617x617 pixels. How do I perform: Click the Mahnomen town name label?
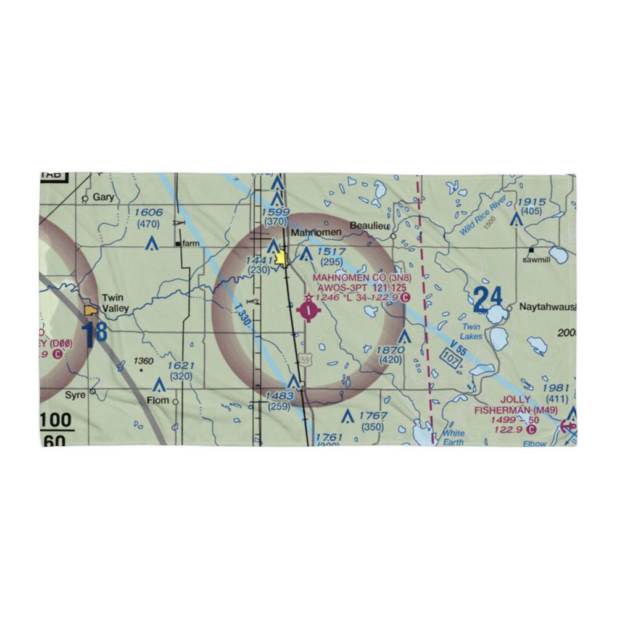click(315, 233)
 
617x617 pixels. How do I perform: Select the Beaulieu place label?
click(370, 226)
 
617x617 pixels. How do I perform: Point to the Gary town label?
click(104, 197)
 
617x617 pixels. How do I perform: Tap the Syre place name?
click(75, 394)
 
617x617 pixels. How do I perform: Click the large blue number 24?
click(488, 300)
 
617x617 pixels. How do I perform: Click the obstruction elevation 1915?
click(532, 202)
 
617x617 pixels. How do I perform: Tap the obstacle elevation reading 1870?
click(391, 350)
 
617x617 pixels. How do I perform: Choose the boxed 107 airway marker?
click(451, 358)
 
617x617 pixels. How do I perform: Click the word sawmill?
click(536, 260)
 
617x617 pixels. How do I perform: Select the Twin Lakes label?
click(471, 331)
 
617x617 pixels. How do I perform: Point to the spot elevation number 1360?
click(144, 361)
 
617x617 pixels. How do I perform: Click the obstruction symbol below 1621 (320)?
click(159, 386)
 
